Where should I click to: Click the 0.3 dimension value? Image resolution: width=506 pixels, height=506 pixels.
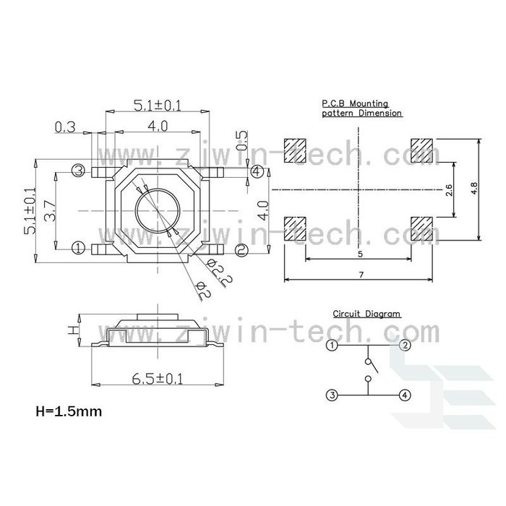(x=65, y=127)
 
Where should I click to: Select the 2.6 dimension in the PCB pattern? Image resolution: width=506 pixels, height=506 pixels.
(x=448, y=191)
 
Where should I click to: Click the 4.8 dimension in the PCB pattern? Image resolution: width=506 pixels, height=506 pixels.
(x=473, y=189)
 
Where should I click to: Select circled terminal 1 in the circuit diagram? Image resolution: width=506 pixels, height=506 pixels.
(x=331, y=346)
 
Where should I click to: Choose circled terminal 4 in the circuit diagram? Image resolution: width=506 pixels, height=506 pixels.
(x=405, y=395)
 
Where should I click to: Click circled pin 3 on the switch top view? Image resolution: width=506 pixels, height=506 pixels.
(x=79, y=171)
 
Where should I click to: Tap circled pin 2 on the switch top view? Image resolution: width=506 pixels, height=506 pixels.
(x=241, y=249)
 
